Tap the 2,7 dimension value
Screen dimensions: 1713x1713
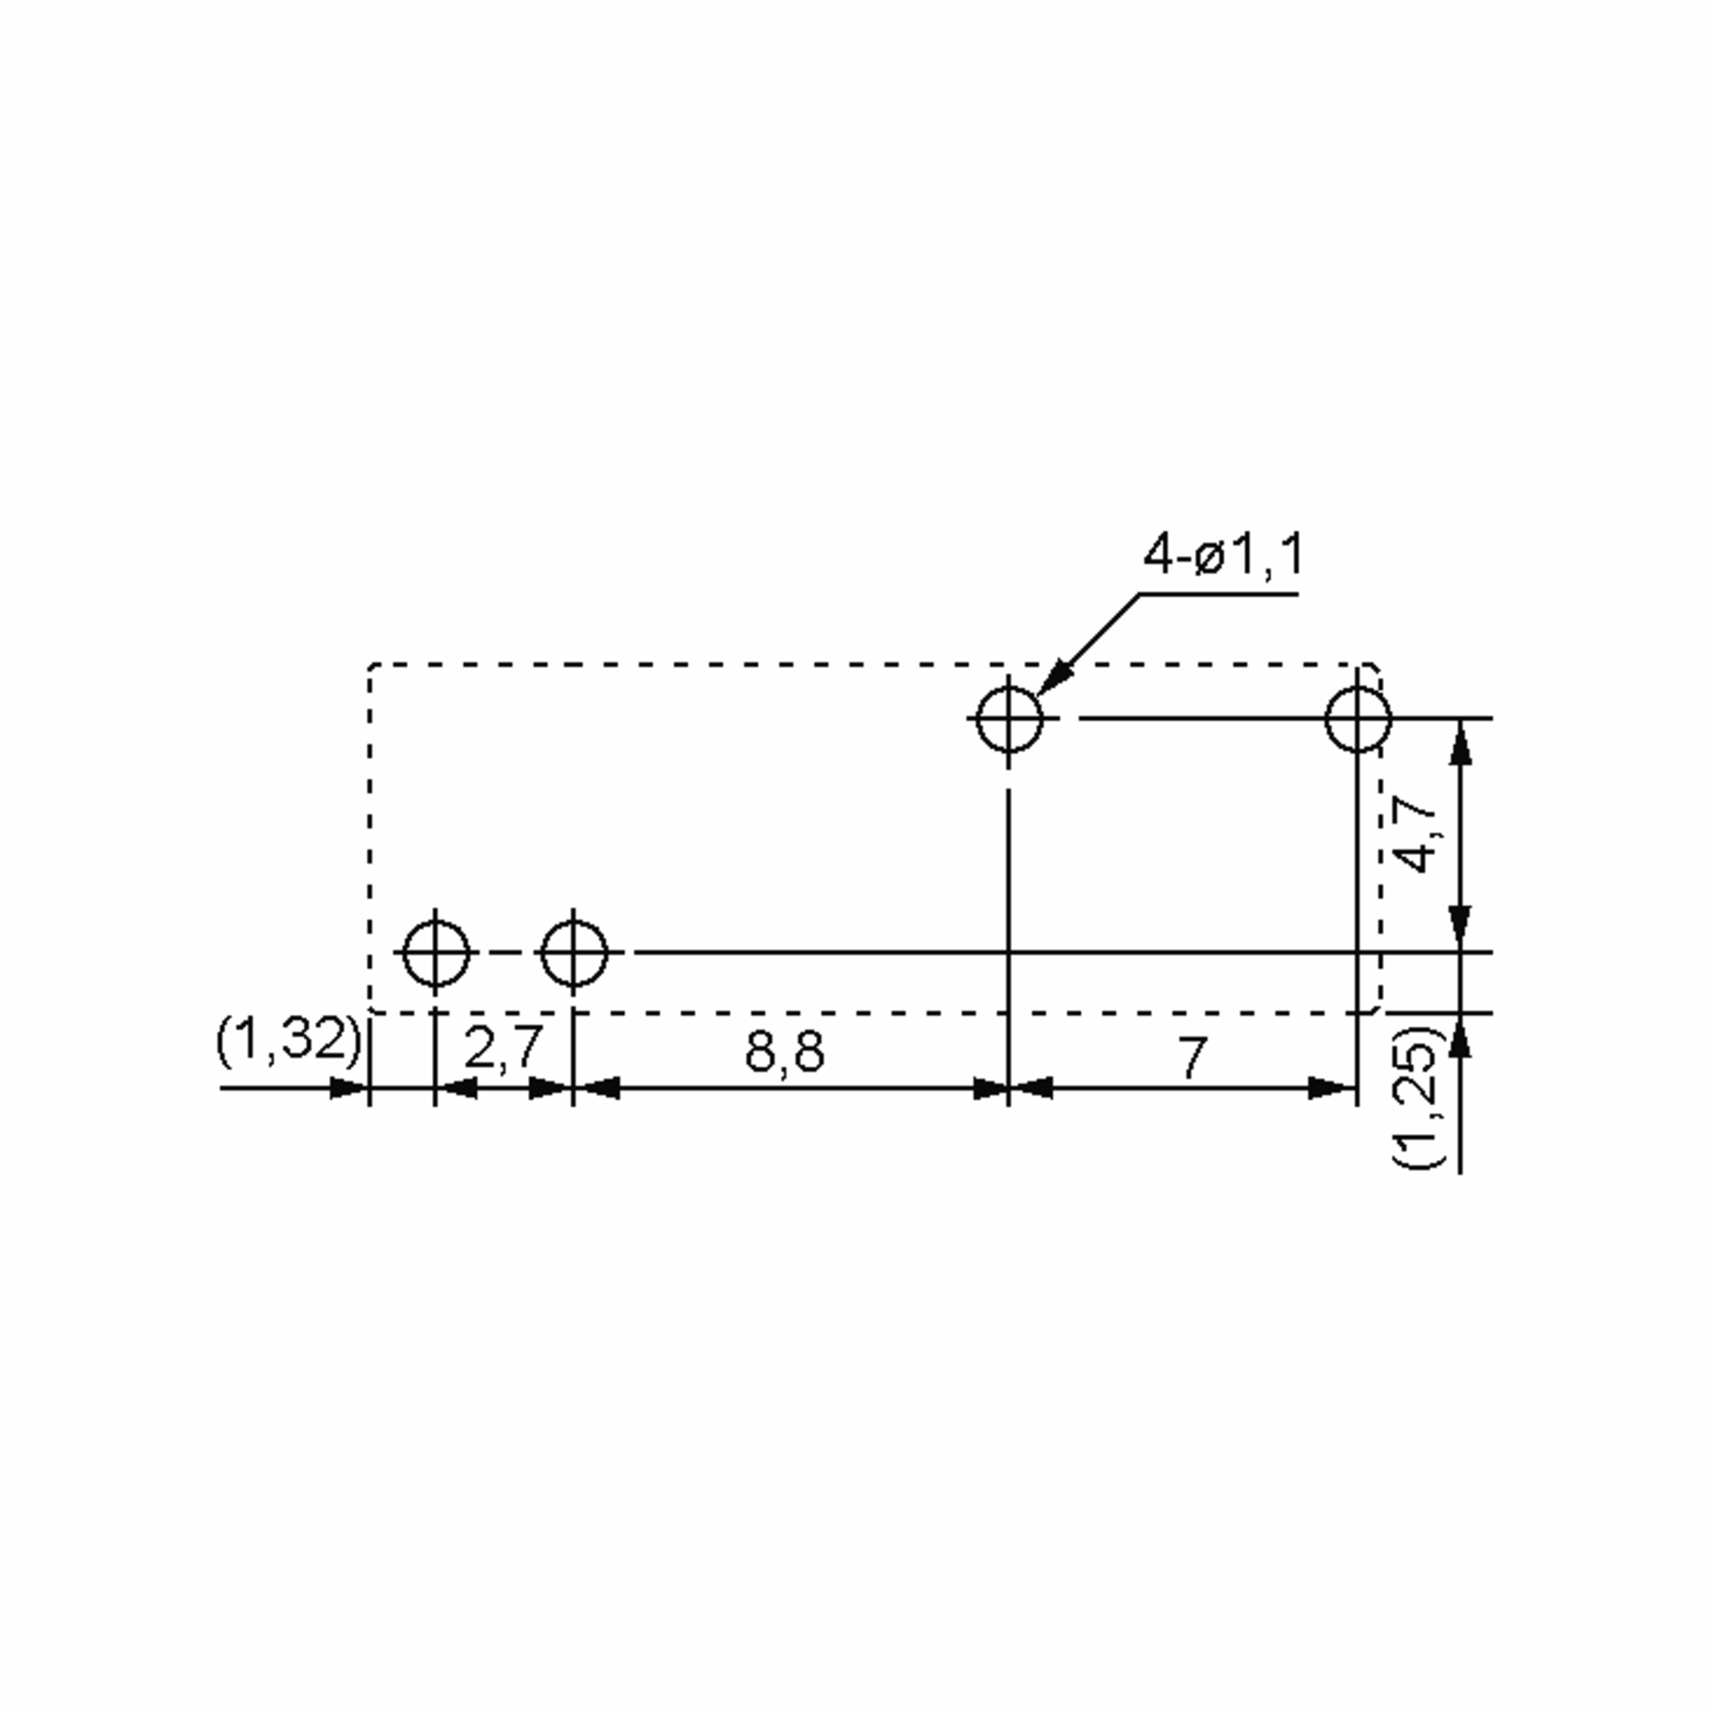502,1047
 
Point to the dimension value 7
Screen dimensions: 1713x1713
1194,1057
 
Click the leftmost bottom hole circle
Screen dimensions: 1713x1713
435,952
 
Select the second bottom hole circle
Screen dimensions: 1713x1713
574,952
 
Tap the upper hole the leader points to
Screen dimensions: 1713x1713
1009,718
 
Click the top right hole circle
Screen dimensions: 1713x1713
1358,718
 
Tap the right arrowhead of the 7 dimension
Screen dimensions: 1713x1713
1333,1088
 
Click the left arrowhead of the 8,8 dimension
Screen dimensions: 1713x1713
599,1088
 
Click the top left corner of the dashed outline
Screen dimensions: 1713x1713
370,665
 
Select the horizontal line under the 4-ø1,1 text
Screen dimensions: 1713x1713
1219,594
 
